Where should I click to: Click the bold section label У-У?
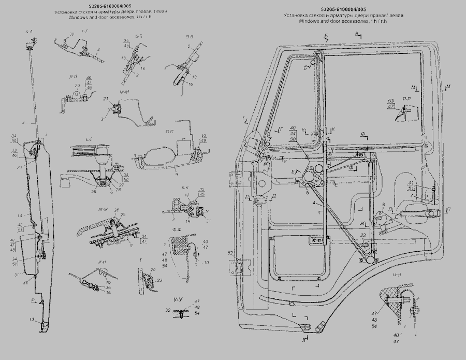[179, 300]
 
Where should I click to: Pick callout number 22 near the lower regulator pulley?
[363, 236]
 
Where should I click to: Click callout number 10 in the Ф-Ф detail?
[207, 263]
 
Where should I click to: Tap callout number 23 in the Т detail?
[159, 280]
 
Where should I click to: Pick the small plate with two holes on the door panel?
[315, 240]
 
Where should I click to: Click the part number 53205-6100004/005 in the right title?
[343, 9]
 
